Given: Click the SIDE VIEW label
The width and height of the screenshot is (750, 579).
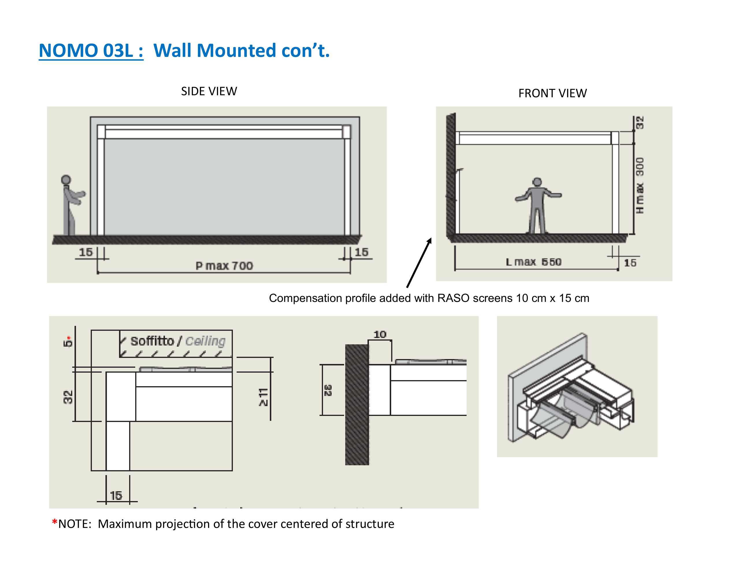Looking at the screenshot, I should (209, 91).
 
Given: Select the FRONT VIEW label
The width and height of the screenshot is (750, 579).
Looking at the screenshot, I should (552, 93).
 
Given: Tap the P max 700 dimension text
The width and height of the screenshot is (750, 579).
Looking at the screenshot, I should (224, 266).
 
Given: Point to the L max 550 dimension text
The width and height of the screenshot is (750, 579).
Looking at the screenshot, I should (533, 262).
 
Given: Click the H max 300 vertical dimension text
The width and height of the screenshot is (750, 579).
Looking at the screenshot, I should (640, 185).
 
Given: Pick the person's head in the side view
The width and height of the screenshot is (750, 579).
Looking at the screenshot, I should (66, 180).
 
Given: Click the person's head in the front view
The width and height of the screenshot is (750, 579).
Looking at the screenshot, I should (537, 182).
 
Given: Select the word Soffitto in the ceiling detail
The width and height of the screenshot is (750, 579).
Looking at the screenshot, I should (152, 341).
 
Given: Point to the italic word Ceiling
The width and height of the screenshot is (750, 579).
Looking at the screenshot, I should (205, 341).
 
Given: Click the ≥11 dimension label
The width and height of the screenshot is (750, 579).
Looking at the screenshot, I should (263, 397).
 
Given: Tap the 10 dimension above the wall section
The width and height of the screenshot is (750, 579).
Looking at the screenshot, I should (380, 335).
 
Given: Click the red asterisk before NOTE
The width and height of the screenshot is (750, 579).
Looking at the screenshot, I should (54, 523).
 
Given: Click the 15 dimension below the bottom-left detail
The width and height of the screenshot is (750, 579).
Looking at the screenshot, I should (116, 495).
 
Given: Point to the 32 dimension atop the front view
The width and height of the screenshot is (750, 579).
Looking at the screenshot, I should (640, 123).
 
